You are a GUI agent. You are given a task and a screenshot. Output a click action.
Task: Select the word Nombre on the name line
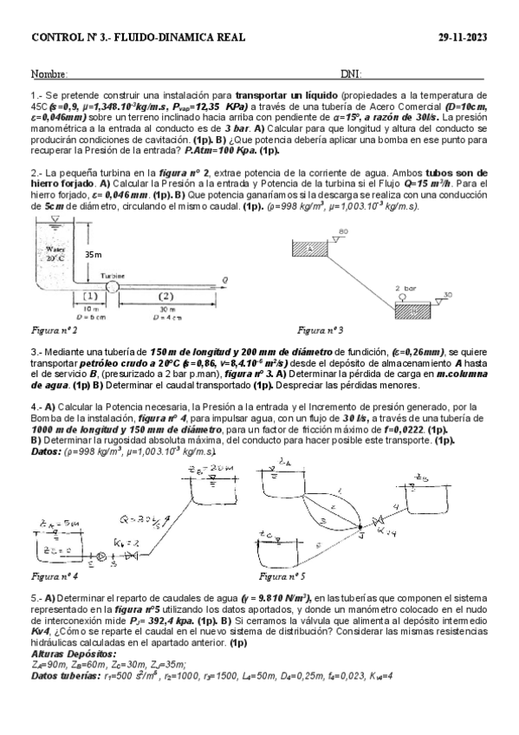pos(49,75)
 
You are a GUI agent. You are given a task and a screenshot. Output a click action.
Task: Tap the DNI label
pos(351,75)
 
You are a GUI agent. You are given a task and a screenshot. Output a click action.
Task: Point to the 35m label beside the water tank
pos(93,254)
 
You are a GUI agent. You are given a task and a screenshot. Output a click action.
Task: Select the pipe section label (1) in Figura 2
pos(89,296)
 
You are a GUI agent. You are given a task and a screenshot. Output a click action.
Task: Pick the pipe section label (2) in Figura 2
pos(168,296)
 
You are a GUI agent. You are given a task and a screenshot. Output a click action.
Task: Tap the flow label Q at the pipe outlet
pos(224,279)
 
